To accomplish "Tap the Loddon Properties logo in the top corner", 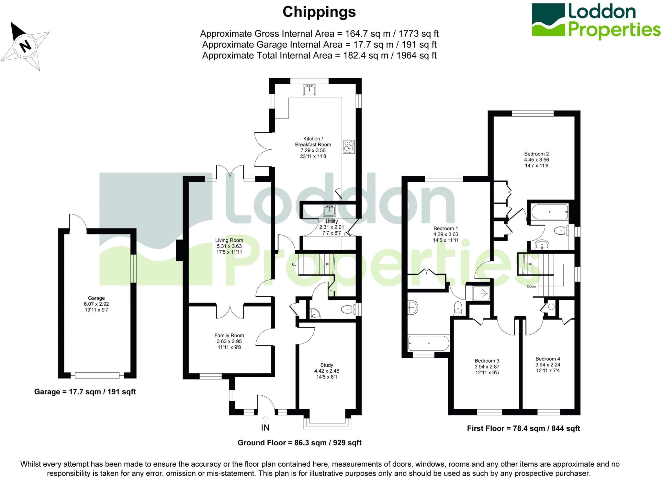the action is tap(596, 21).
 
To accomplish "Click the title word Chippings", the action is tap(319, 12).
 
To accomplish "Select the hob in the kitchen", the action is tap(349, 147).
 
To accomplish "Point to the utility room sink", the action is tap(329, 211).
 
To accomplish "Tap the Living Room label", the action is tap(229, 240).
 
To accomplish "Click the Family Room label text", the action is tap(229, 336).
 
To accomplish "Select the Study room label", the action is tap(326, 365).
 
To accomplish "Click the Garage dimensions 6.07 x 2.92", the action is tap(96, 304).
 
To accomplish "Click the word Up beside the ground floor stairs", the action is tap(294, 264).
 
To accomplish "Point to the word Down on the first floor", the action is tap(531, 286).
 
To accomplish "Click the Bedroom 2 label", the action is tap(536, 154).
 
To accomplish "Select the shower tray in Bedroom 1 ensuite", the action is tap(481, 293).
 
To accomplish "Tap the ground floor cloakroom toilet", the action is tap(347, 309).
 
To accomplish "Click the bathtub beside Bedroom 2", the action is tap(550, 212).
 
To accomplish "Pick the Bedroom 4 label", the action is tap(547, 359).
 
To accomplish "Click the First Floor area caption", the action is tap(523, 428).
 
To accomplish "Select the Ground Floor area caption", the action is tap(299, 443).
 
